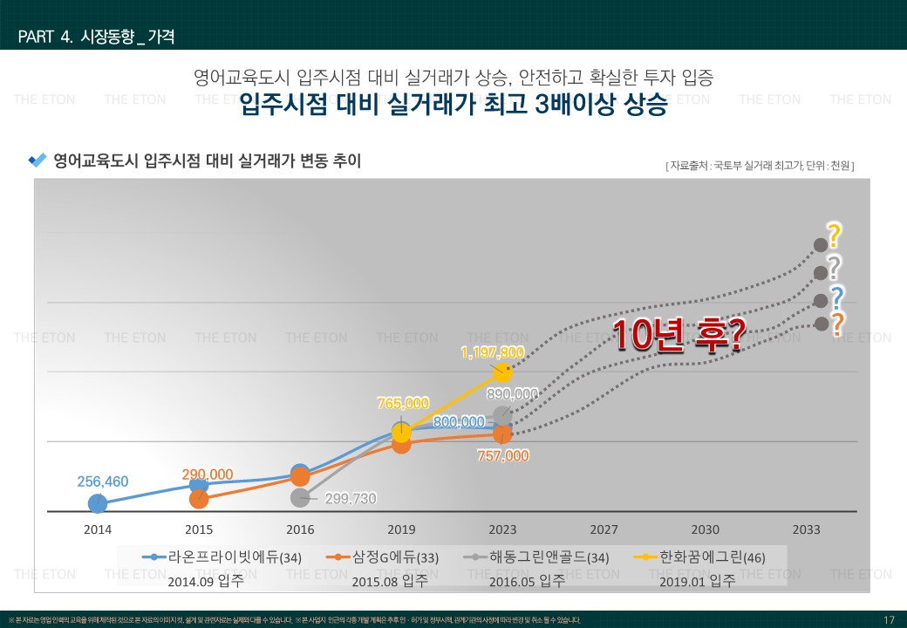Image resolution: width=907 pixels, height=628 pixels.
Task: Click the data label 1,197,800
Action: coord(493,352)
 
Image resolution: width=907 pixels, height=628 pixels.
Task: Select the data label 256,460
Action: coord(103,481)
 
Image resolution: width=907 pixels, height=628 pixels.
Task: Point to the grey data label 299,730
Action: coord(351,498)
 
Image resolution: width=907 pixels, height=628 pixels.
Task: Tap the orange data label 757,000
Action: coord(503,455)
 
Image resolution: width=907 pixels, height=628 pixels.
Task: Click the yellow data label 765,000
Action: coord(403,403)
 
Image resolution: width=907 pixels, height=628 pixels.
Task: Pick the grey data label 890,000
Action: coord(512,394)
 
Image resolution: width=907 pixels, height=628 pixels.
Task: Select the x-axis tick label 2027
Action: coord(604,529)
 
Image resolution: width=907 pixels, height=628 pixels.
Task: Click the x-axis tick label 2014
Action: coord(98,529)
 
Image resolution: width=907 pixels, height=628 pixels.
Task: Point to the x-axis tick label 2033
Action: coord(806,529)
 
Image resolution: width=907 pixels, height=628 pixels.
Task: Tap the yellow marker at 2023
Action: coord(502,372)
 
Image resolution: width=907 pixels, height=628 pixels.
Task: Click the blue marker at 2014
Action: coord(98,503)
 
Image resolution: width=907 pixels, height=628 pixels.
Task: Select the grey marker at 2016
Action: coord(300,497)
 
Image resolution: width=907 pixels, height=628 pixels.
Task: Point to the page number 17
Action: coord(889,620)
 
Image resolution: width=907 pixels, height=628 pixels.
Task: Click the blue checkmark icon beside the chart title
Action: coord(38,160)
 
